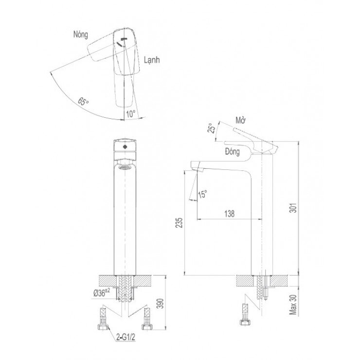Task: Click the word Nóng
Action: tap(81, 35)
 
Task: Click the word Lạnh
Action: tap(152, 60)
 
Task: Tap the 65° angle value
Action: tap(83, 101)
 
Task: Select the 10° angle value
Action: tap(131, 114)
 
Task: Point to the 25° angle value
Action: tap(212, 128)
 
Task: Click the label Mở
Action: tap(240, 120)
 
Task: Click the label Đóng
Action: tap(232, 152)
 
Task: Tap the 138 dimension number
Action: tap(229, 214)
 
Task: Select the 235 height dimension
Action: tap(179, 222)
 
